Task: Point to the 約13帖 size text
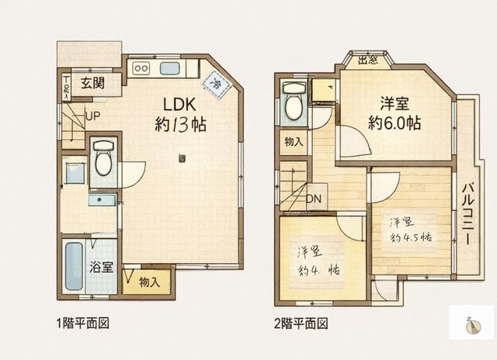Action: point(179,124)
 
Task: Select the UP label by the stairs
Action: point(92,117)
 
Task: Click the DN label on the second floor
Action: point(313,199)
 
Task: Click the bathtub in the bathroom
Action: point(75,267)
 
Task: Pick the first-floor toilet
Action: point(103,161)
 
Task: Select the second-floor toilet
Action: point(294,103)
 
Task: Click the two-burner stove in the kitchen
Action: point(141,68)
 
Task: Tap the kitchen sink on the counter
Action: point(171,68)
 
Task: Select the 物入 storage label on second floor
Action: point(294,143)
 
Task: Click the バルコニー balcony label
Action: point(469,213)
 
